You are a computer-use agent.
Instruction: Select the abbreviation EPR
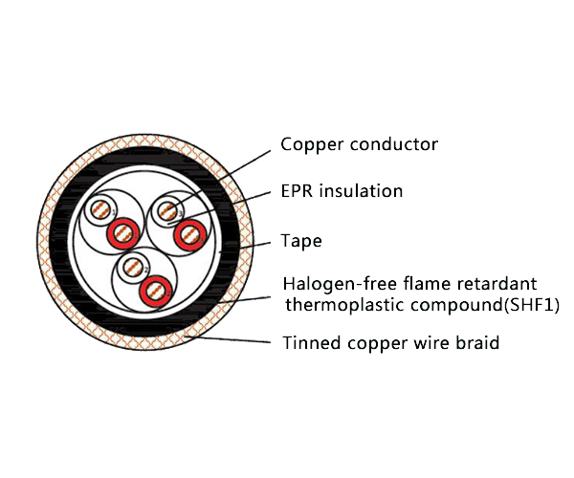pyautogui.click(x=298, y=191)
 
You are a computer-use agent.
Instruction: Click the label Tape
pyautogui.click(x=300, y=241)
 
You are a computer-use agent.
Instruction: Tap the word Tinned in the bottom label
pyautogui.click(x=306, y=342)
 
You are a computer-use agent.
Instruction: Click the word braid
pyautogui.click(x=477, y=342)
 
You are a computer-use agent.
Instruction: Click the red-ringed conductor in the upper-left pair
pyautogui.click(x=123, y=230)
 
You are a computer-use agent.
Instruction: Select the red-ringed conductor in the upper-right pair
pyautogui.click(x=190, y=231)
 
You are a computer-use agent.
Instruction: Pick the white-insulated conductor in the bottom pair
pyautogui.click(x=133, y=267)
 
